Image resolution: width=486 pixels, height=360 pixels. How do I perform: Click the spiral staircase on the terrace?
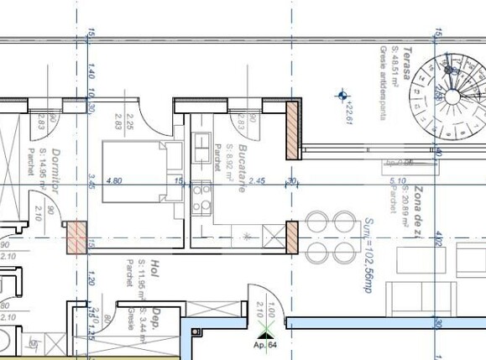tap(452, 96)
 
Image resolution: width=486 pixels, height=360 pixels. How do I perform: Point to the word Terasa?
tap(405, 63)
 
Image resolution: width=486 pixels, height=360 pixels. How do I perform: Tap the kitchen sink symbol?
tap(202, 147)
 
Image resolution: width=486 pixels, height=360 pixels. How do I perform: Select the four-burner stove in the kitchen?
tap(201, 200)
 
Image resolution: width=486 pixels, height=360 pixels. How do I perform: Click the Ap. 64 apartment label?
tap(265, 343)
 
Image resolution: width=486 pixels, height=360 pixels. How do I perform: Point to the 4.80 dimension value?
tap(116, 180)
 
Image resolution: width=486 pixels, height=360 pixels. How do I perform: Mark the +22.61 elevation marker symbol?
tap(342, 97)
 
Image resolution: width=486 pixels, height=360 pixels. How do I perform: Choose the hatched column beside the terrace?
tap(293, 130)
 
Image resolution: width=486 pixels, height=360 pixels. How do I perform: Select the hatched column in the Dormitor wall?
tap(76, 236)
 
